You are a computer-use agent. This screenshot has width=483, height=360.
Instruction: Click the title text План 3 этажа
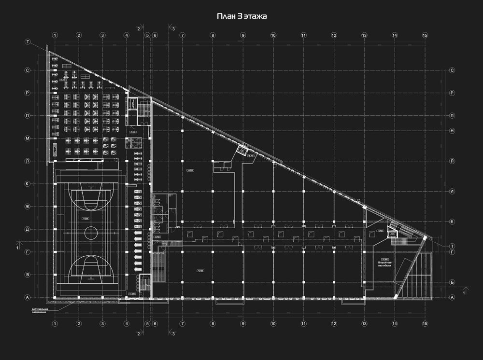(x=241, y=16)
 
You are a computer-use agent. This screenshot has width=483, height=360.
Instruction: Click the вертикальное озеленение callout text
(x=40, y=310)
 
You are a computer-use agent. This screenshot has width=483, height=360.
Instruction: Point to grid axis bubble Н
(x=452, y=131)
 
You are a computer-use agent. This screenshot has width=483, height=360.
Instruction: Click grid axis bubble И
(x=452, y=191)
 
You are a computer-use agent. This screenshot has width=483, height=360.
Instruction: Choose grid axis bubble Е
(x=452, y=222)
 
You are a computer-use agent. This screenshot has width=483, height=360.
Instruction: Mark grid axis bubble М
(x=28, y=138)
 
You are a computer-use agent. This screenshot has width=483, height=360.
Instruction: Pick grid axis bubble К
(x=28, y=184)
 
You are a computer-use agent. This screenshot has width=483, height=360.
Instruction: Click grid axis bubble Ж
(x=28, y=207)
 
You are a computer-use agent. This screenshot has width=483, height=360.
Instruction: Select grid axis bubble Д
(x=28, y=229)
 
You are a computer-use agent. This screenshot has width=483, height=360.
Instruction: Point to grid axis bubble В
(x=28, y=275)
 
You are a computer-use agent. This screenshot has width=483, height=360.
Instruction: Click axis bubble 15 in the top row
(x=425, y=35)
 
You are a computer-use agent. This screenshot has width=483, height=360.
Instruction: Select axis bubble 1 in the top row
(x=56, y=35)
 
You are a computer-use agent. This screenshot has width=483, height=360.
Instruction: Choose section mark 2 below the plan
(x=138, y=333)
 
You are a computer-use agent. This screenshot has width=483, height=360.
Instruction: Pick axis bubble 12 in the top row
(x=334, y=35)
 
